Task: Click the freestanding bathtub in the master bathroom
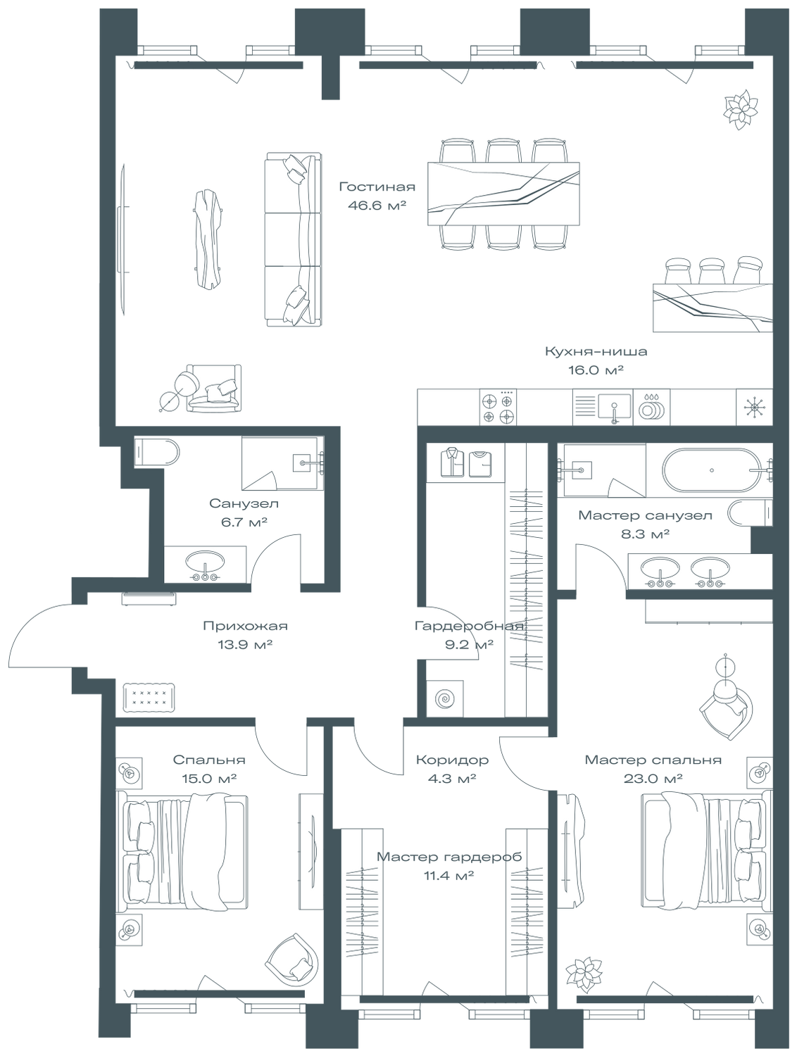click(712, 470)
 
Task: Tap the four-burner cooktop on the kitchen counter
click(498, 408)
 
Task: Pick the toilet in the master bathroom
click(748, 514)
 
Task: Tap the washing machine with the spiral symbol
click(445, 698)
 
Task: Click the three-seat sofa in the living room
click(293, 239)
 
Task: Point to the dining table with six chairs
click(503, 194)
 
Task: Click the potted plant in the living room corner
click(741, 108)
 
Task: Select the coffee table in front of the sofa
click(208, 238)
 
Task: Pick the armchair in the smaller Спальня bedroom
click(291, 960)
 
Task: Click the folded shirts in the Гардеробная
click(465, 462)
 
